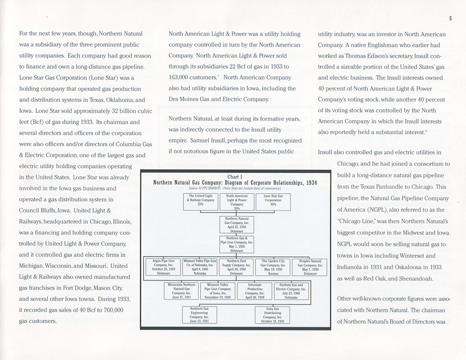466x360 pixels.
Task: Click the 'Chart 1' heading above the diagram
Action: pos(236,177)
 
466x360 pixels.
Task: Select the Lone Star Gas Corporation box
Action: pos(273,202)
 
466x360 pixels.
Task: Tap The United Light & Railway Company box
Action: pos(200,202)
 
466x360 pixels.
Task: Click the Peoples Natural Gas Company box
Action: pos(310,267)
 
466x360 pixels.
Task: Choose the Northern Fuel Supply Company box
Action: pos(236,267)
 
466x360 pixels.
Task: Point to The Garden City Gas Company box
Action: pos(273,267)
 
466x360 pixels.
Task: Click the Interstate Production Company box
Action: pos(255,291)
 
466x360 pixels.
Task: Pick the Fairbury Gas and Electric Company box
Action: pos(291,291)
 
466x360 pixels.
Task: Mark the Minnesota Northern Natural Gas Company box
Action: pos(182,291)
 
